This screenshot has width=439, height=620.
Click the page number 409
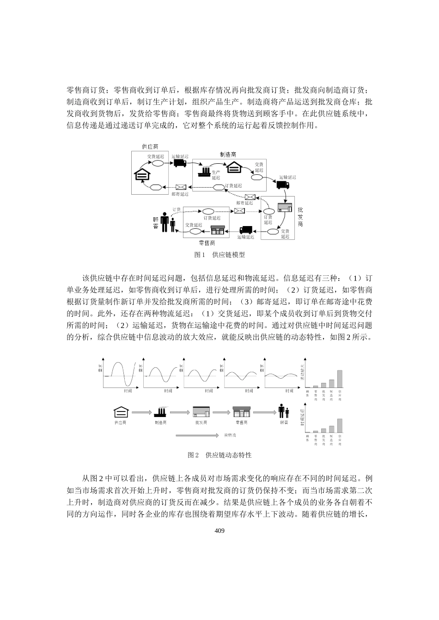219,531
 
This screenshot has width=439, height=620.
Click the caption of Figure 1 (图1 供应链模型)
219,255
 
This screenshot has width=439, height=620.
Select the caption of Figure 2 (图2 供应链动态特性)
219,455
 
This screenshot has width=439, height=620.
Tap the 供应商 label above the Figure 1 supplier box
150,146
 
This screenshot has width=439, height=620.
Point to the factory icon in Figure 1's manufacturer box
204,172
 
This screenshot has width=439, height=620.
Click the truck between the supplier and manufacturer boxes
180,163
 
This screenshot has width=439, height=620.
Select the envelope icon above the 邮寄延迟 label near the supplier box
180,187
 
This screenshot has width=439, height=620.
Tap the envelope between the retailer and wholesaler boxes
239,211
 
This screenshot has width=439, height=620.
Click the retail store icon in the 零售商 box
217,230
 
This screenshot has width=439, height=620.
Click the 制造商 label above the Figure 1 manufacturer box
229,155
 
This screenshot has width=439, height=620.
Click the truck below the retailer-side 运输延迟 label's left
246,229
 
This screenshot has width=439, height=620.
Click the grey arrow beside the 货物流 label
196,435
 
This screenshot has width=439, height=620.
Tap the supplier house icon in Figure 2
120,412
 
